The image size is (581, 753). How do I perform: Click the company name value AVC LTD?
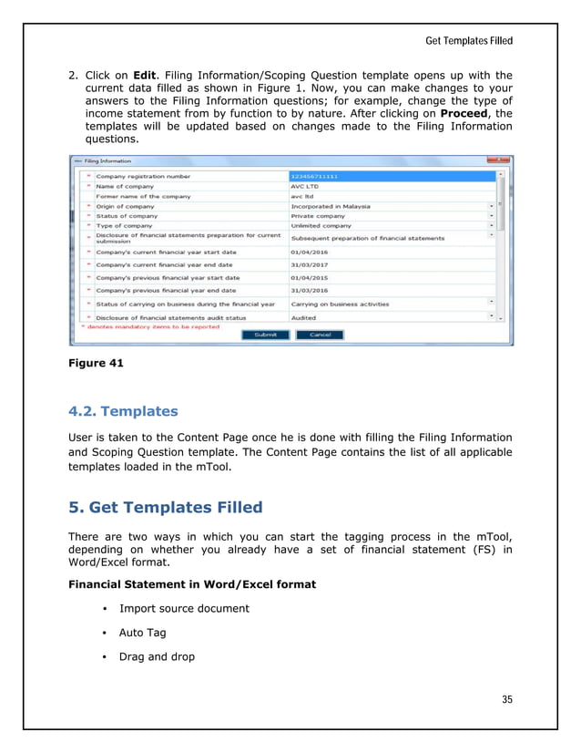click(305, 185)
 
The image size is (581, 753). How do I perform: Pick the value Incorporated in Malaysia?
click(330, 206)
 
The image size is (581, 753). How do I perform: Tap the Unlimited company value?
click(321, 226)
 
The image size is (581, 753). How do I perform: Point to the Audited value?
click(303, 318)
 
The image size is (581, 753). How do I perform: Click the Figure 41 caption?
click(96, 364)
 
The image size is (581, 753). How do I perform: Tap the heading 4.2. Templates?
click(123, 411)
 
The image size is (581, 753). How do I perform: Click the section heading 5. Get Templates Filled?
click(166, 508)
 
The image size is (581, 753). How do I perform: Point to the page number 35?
click(507, 699)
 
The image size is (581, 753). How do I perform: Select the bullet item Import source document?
click(184, 608)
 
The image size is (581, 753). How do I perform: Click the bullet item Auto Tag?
click(144, 632)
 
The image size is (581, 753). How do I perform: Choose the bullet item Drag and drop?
click(157, 655)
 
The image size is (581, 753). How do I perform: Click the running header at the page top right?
click(469, 41)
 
